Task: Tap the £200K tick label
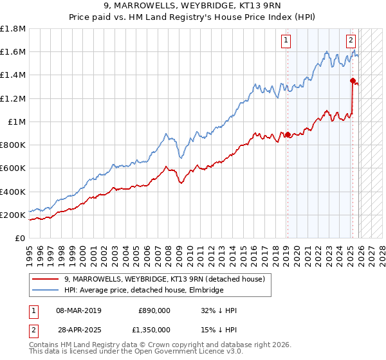pos(13,215)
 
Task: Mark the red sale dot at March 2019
pos(288,134)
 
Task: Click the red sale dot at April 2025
pos(353,80)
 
